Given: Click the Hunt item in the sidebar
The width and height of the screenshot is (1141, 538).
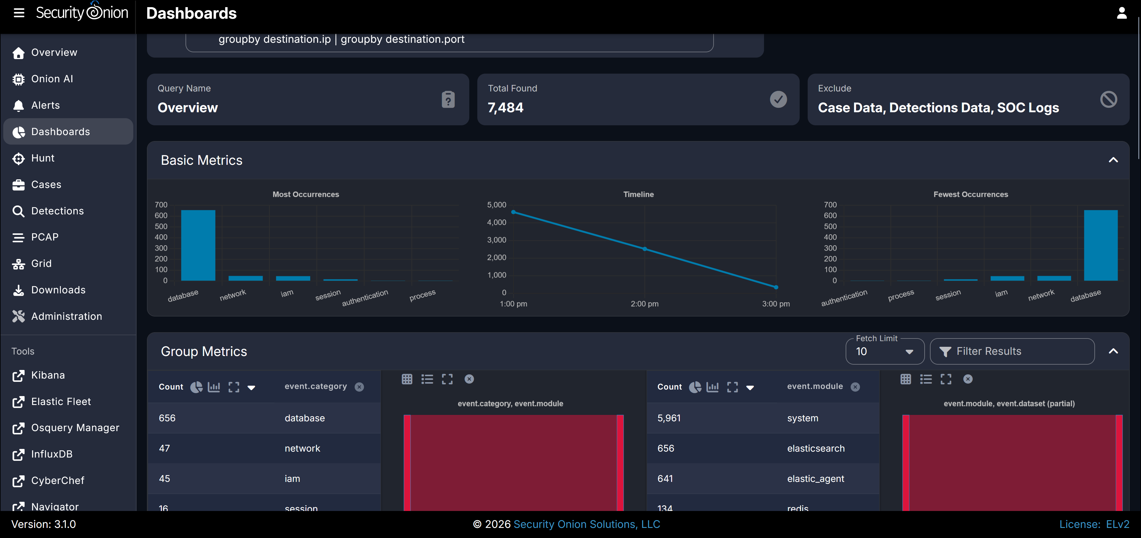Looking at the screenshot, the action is click(x=42, y=158).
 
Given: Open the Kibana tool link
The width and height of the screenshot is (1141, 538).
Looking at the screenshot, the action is click(x=48, y=375).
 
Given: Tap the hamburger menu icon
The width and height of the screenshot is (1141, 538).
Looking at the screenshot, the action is click(x=19, y=13).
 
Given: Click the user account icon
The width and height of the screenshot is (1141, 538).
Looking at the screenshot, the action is click(x=1121, y=13).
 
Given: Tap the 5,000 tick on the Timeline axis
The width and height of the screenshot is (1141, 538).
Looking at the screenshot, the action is click(x=497, y=205).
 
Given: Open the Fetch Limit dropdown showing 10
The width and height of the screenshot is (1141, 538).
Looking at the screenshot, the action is click(x=885, y=352).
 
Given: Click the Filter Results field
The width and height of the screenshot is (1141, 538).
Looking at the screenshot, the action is click(x=1012, y=352).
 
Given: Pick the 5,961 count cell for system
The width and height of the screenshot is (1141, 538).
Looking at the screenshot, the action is click(x=669, y=418).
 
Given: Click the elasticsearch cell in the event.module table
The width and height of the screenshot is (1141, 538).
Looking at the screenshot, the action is click(x=816, y=448).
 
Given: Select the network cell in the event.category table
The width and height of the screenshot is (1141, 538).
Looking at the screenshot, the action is click(x=302, y=448).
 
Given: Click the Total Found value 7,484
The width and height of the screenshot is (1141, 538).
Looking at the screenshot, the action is click(x=505, y=108).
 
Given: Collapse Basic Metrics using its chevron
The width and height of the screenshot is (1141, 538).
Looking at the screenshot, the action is click(x=1113, y=160).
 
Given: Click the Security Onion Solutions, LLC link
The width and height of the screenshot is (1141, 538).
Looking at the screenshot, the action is click(x=587, y=524).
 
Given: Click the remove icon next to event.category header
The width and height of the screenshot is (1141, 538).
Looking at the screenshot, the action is click(x=359, y=387).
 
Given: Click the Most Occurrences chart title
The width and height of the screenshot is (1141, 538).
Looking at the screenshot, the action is click(x=306, y=194).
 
